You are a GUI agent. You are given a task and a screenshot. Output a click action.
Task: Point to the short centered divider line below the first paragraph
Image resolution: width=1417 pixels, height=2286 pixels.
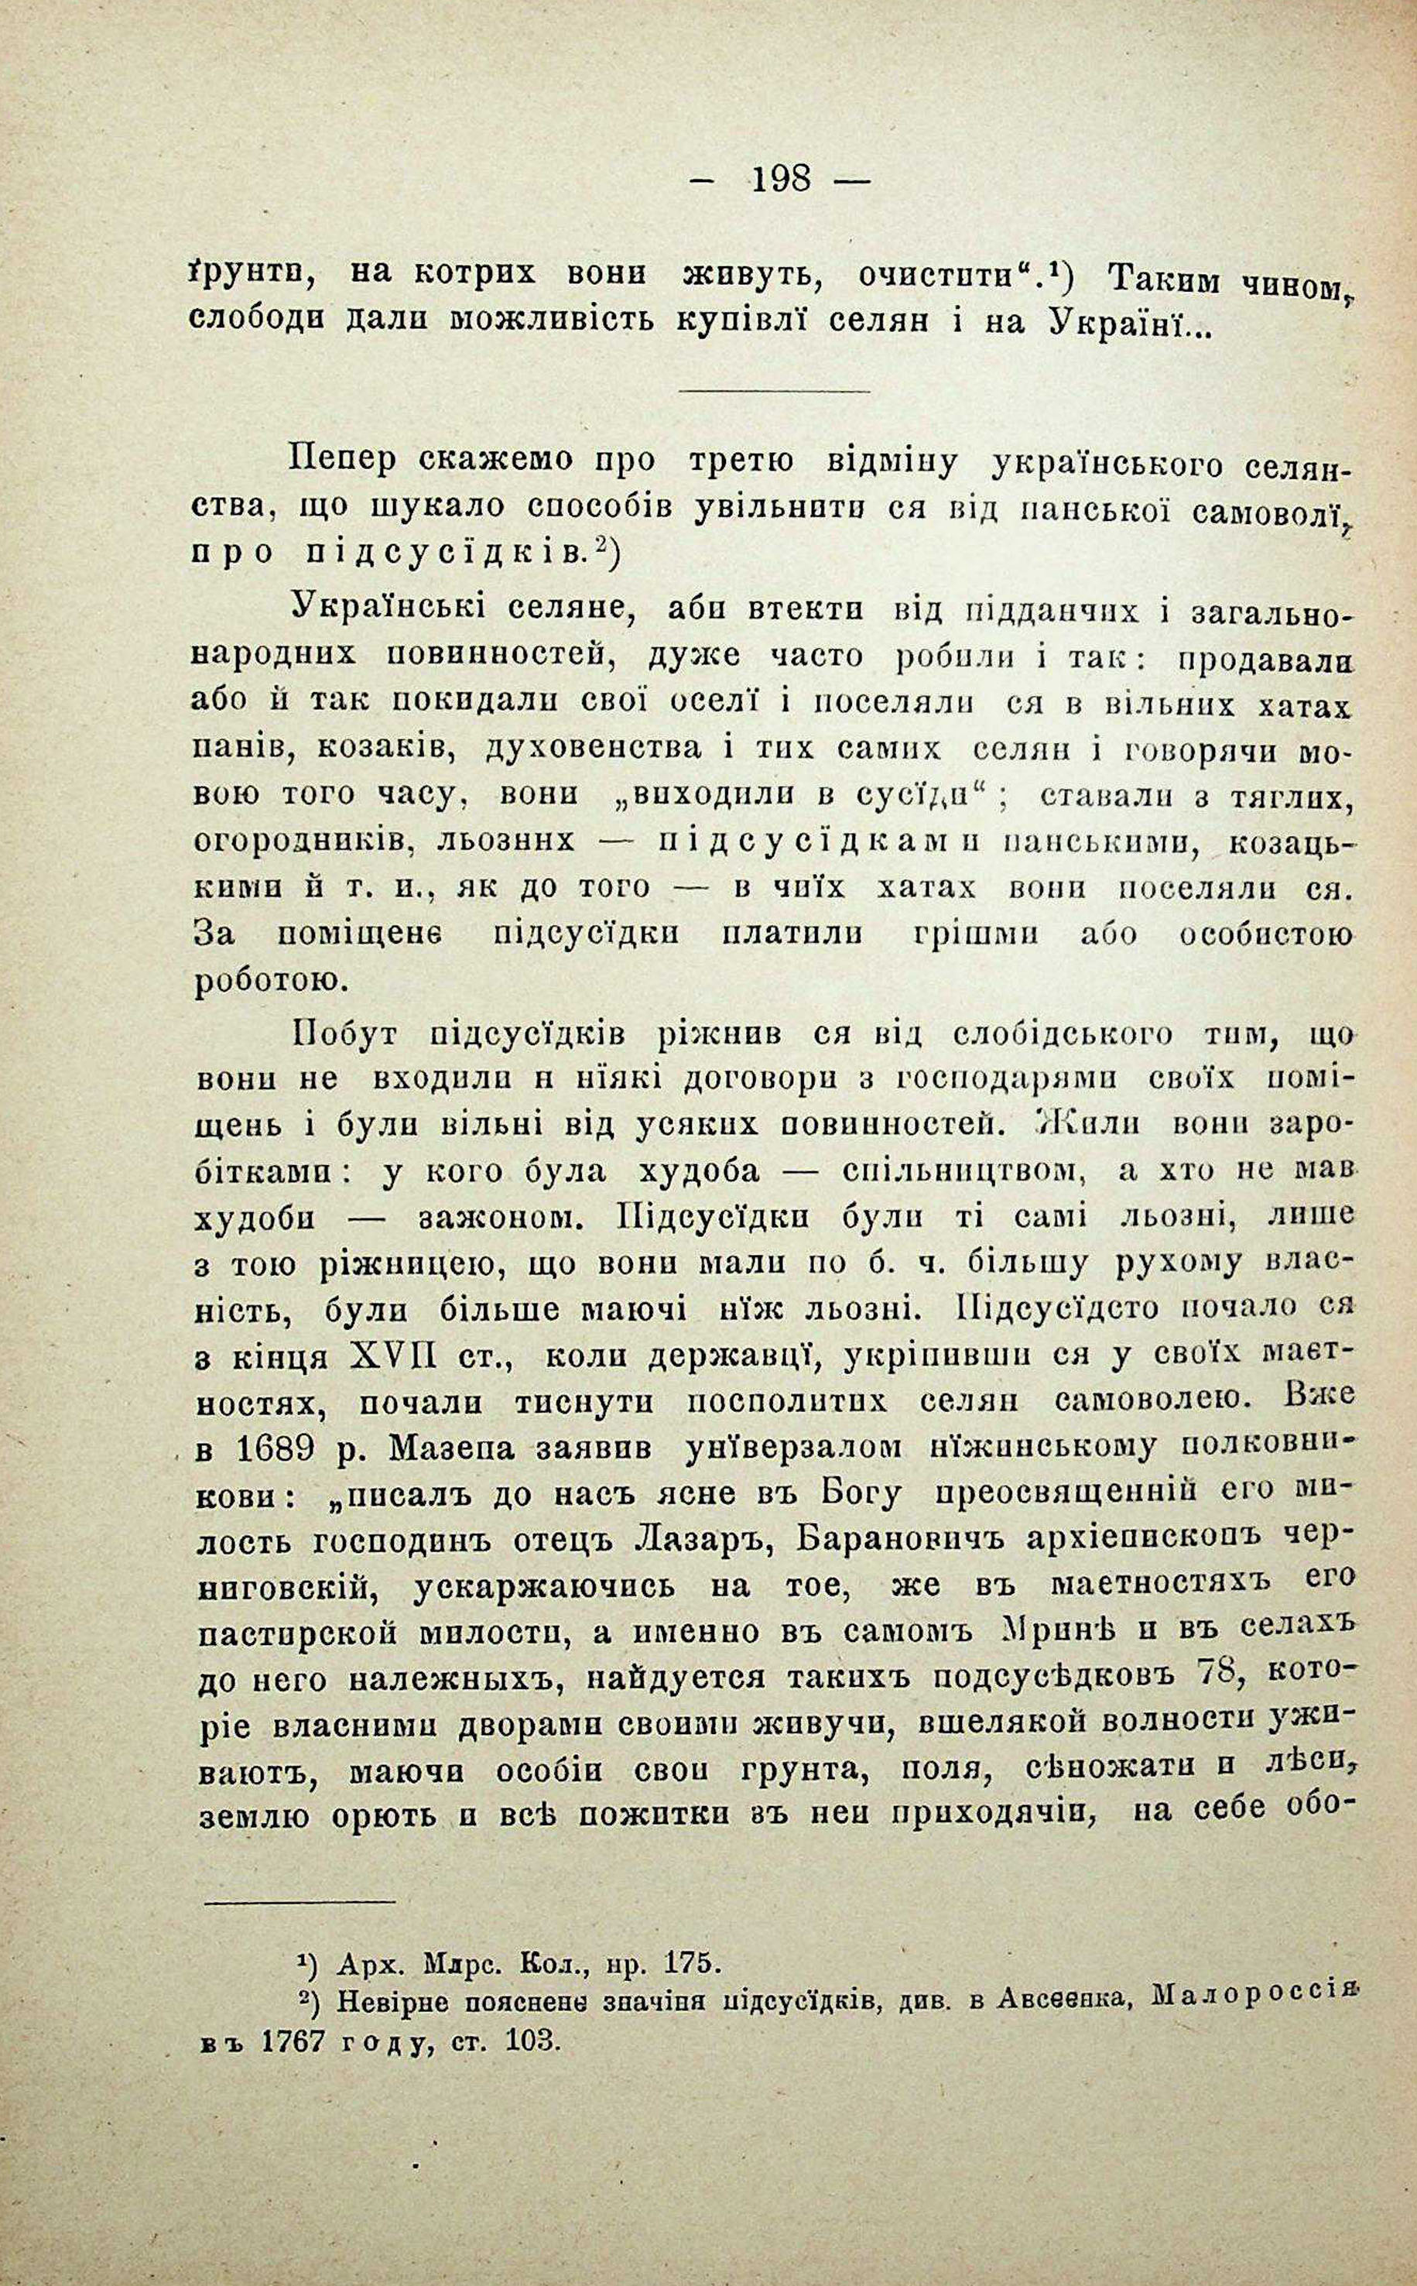775,392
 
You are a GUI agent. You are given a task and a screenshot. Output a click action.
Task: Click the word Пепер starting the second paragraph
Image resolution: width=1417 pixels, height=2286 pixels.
343,462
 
